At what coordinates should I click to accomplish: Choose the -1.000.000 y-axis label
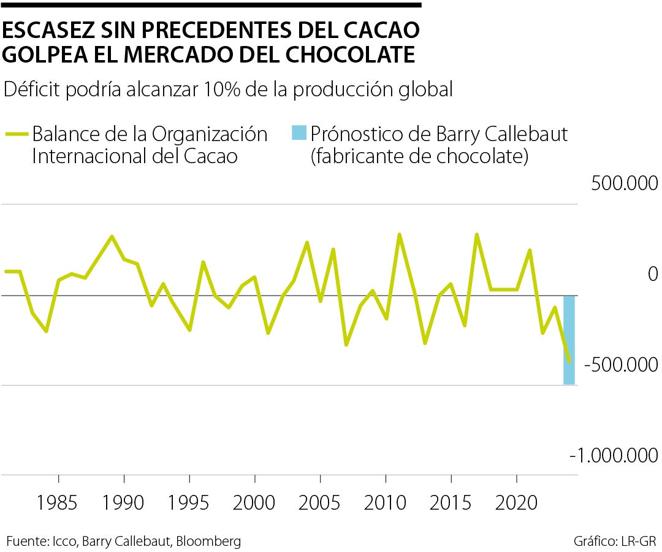coord(614,455)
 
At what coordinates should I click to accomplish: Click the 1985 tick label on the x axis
coord(58,504)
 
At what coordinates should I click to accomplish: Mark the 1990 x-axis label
coord(124,504)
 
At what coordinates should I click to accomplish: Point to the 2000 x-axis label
coord(254,504)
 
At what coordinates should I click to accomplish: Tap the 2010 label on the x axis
coord(385,504)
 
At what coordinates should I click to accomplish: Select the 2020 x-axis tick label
coord(516,504)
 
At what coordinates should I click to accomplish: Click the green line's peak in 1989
coord(111,236)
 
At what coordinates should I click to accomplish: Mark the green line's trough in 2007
coord(346,345)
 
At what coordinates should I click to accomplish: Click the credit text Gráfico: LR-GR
coord(615,541)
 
